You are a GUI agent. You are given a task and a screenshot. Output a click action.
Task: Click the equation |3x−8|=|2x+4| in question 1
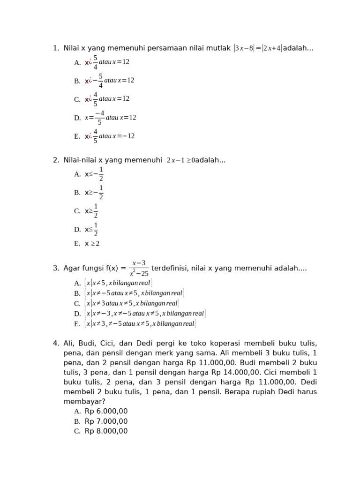[257, 48]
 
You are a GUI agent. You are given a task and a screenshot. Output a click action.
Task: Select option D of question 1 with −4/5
[111, 118]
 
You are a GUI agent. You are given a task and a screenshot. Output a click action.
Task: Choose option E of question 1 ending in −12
[110, 136]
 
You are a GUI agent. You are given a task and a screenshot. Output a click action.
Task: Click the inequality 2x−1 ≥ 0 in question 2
[180, 161]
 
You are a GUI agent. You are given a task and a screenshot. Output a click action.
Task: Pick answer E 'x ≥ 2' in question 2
[92, 244]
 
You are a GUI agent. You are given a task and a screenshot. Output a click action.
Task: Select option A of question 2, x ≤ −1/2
[94, 174]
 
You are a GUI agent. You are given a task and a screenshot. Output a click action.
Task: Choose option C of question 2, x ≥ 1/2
[91, 211]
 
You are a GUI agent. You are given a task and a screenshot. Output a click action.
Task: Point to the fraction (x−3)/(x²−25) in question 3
[139, 269]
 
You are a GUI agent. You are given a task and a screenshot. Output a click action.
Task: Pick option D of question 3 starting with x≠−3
[145, 314]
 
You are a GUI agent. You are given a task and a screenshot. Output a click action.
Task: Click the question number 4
[56, 344]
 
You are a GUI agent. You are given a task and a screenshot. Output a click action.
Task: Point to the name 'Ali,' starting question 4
[69, 344]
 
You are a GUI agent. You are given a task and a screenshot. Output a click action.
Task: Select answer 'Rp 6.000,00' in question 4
[106, 412]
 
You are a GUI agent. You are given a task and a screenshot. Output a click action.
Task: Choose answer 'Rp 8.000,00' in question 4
[106, 431]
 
